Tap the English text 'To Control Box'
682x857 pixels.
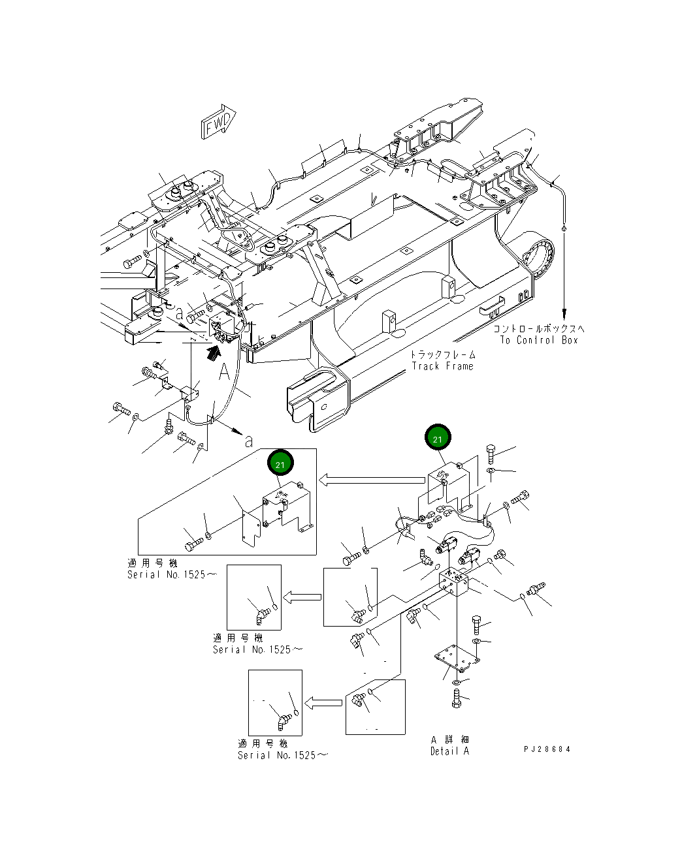pyautogui.click(x=539, y=340)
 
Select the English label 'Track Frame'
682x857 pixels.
pyautogui.click(x=442, y=366)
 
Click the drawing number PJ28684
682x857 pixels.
pyautogui.click(x=547, y=749)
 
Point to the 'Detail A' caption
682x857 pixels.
pyautogui.click(x=449, y=751)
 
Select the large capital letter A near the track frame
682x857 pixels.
pyautogui.click(x=223, y=373)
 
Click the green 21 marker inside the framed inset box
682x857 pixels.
pyautogui.click(x=280, y=464)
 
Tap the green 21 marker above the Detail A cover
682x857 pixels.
pyautogui.click(x=438, y=439)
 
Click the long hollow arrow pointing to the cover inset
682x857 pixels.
pyautogui.click(x=371, y=481)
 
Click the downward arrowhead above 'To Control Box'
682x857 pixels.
pyautogui.click(x=563, y=313)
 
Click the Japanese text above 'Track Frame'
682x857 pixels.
pyautogui.click(x=443, y=354)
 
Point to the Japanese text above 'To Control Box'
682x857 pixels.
pyautogui.click(x=539, y=329)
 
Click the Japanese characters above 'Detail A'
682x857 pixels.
pyautogui.click(x=449, y=740)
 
